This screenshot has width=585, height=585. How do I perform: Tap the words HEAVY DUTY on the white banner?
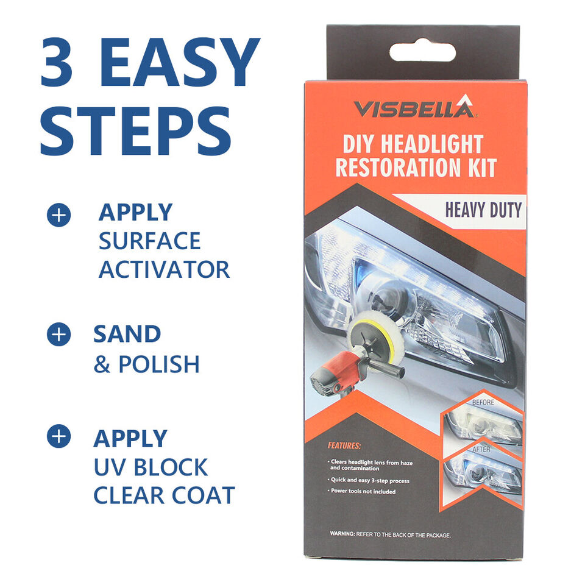pyautogui.click(x=483, y=210)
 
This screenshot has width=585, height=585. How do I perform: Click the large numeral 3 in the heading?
pyautogui.click(x=56, y=62)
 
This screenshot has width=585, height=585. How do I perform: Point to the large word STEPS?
pyautogui.click(x=136, y=130)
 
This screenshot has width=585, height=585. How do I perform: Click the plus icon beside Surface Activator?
pyautogui.click(x=58, y=215)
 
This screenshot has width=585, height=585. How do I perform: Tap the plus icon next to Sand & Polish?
pyautogui.click(x=58, y=335)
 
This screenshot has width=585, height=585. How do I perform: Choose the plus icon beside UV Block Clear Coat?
pyautogui.click(x=58, y=436)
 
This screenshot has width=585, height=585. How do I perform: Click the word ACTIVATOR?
pyautogui.click(x=164, y=269)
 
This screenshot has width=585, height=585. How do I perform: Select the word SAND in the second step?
pyautogui.click(x=127, y=334)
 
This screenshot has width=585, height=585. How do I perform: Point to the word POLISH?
pyautogui.click(x=159, y=364)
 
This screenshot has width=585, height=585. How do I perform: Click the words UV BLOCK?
pyautogui.click(x=151, y=467)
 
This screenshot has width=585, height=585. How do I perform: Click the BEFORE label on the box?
pyautogui.click(x=483, y=402)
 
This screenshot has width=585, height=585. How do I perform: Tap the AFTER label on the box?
pyautogui.click(x=481, y=449)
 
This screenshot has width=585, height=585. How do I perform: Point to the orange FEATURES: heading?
pyautogui.click(x=344, y=445)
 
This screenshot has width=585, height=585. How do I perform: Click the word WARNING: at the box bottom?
pyautogui.click(x=342, y=534)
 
